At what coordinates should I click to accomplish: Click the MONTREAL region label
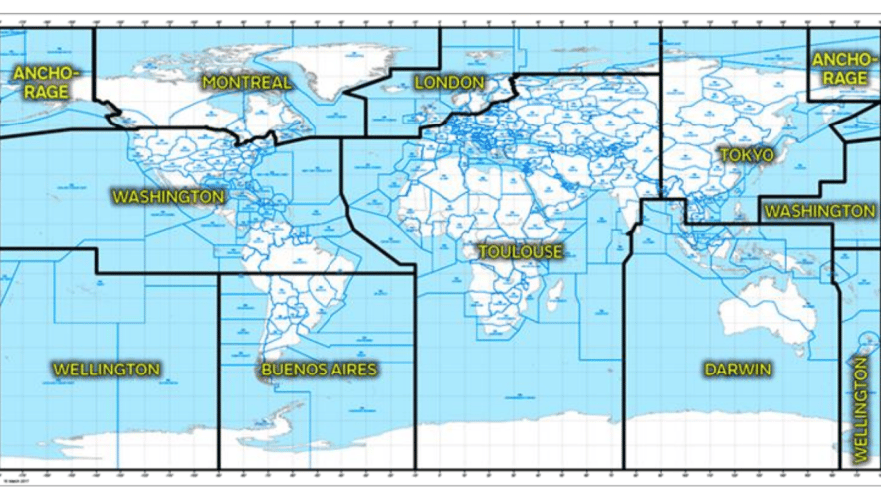pyautogui.click(x=247, y=82)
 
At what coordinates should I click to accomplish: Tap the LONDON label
pyautogui.click(x=449, y=82)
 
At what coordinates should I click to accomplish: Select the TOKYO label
pyautogui.click(x=745, y=156)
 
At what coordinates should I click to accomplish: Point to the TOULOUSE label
pyautogui.click(x=520, y=252)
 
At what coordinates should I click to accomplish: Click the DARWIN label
pyautogui.click(x=738, y=370)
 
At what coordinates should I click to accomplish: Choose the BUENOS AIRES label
pyautogui.click(x=319, y=371)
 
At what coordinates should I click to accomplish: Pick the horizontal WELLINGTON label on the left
pyautogui.click(x=106, y=370)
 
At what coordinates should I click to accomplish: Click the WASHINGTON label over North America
pyautogui.click(x=168, y=197)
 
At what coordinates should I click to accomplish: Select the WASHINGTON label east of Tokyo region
pyautogui.click(x=819, y=212)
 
